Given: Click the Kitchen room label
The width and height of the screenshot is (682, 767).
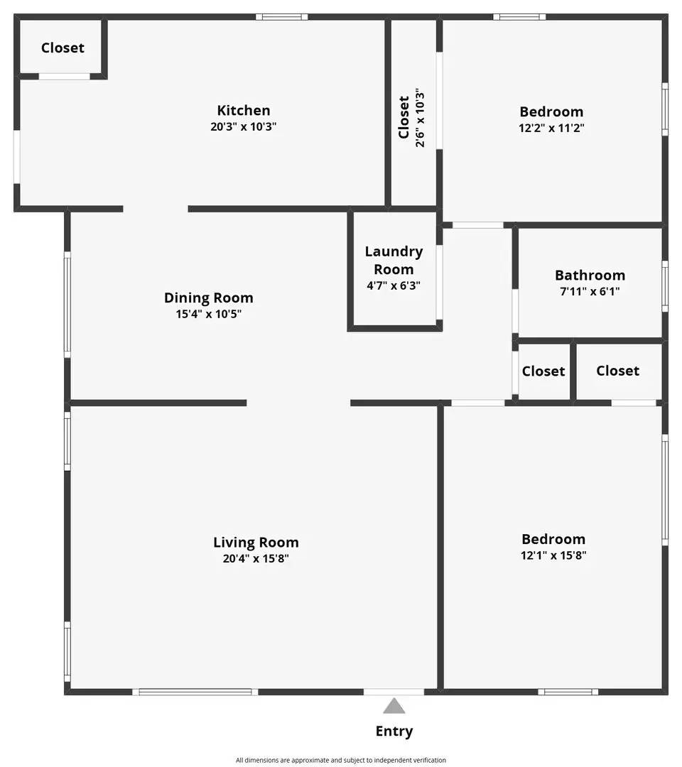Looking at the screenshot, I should click(x=244, y=110).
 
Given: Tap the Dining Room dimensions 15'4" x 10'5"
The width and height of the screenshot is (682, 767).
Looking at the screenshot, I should click(x=209, y=313).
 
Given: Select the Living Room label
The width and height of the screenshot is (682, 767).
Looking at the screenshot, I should click(x=256, y=543).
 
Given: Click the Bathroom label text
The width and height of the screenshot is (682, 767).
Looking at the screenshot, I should click(x=590, y=275).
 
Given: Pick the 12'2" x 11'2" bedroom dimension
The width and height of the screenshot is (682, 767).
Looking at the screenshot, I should click(x=551, y=128).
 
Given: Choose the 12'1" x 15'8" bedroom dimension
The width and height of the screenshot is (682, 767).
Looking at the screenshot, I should click(x=553, y=555).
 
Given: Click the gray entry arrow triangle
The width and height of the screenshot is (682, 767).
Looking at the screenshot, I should click(x=394, y=706).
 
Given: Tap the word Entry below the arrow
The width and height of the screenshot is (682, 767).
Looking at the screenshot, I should click(x=394, y=731).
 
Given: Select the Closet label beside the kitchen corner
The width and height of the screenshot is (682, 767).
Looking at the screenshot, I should click(x=63, y=48).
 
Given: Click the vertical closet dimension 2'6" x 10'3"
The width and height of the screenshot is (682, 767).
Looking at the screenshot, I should click(x=420, y=118).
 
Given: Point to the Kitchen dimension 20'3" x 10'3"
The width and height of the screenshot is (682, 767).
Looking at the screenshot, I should click(x=244, y=126).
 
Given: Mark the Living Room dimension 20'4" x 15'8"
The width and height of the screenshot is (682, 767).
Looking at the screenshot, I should click(x=256, y=558).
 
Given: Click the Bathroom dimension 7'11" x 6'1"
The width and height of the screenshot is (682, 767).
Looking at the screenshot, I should click(x=590, y=291).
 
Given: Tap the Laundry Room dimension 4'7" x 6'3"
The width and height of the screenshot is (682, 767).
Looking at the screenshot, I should click(x=394, y=285).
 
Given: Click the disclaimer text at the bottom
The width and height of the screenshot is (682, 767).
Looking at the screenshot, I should click(x=341, y=760).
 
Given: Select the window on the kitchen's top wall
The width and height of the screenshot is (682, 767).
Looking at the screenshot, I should click(x=282, y=16).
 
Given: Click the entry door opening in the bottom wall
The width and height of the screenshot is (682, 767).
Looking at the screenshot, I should click(x=394, y=692).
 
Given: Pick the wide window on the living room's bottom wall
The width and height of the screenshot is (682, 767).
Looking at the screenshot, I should click(x=195, y=692).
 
